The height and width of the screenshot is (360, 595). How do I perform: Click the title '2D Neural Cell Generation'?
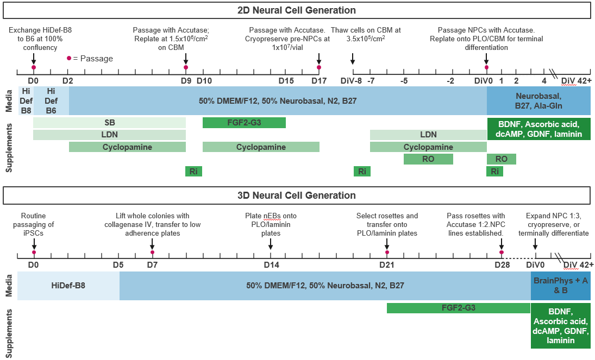[x=297, y=10]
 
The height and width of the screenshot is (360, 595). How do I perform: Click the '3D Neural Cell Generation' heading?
[x=297, y=195]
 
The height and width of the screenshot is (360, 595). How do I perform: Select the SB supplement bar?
[x=109, y=123]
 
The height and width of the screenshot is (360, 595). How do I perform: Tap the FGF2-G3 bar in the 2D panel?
[x=244, y=123]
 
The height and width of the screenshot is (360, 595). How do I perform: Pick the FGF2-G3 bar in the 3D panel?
[x=458, y=308]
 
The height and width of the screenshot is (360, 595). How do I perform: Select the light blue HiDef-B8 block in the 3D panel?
[x=68, y=286]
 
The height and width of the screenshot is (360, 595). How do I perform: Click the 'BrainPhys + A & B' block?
[x=560, y=286]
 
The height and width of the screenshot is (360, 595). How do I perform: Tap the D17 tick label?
[x=319, y=81]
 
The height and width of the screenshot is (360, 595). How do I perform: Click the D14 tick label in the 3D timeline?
[x=271, y=265]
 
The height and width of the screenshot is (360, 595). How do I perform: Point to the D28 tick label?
[x=502, y=265]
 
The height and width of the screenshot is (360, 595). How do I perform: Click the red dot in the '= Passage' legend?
[x=69, y=58]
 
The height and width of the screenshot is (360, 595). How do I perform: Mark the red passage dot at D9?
[x=186, y=67]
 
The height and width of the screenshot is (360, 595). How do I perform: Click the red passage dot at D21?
[x=387, y=252]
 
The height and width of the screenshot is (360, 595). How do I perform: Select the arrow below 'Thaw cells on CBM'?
[x=353, y=59]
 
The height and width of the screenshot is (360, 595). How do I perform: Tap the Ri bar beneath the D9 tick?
[x=193, y=172]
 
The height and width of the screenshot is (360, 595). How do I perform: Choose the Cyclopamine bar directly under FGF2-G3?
[x=261, y=147]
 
